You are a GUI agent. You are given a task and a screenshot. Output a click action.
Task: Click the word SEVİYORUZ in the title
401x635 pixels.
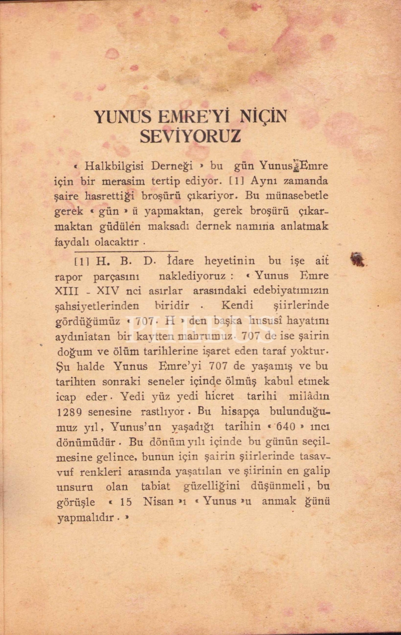coord(190,136)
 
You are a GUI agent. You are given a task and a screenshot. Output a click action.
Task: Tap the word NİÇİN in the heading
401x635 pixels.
coord(263,116)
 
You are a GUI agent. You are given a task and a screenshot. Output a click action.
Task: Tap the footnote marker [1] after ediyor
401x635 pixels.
coord(236,181)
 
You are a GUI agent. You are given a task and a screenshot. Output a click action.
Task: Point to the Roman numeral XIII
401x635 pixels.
coord(64,291)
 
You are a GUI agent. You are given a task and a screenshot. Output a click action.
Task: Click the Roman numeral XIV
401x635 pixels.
coord(108,291)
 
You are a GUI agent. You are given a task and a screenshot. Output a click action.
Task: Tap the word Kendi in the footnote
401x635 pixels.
coord(237,305)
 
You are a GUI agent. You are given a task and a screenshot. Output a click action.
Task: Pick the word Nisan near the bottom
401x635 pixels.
coord(160,502)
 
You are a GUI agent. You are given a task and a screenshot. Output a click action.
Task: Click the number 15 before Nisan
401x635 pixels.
coord(126,502)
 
